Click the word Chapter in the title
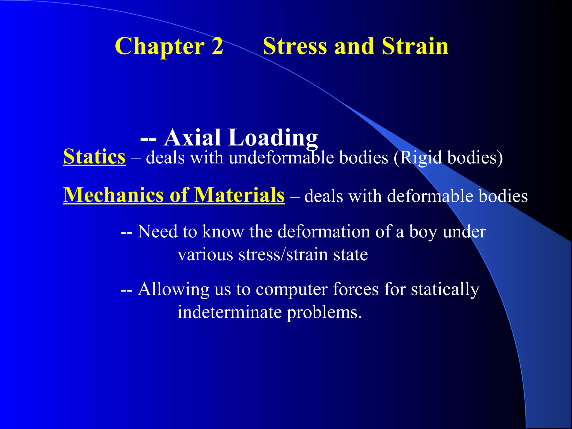(159, 46)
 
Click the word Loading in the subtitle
(273, 138)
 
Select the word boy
(423, 232)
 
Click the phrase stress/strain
(283, 254)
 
